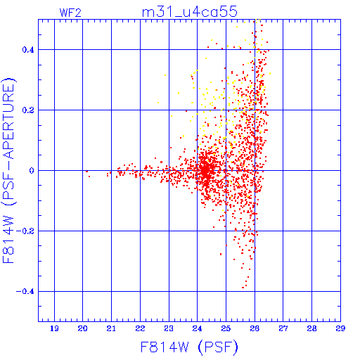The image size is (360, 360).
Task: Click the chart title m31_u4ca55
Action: click(x=190, y=12)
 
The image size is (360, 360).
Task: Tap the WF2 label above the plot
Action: click(x=70, y=13)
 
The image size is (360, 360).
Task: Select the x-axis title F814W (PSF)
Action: click(x=189, y=347)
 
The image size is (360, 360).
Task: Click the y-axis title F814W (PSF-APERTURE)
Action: click(x=8, y=171)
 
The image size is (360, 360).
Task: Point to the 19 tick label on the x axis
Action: click(x=54, y=328)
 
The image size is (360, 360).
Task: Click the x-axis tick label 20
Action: click(x=82, y=328)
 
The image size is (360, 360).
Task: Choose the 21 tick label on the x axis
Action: click(x=111, y=328)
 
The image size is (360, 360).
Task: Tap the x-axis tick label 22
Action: click(x=140, y=328)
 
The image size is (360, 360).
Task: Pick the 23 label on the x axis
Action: click(x=169, y=328)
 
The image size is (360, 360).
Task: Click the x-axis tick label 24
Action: click(x=197, y=328)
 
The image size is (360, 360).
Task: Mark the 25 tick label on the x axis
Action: click(x=226, y=328)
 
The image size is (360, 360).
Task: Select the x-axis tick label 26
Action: click(x=255, y=328)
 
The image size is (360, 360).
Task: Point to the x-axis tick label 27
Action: click(x=283, y=328)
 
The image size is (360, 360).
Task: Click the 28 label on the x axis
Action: click(x=311, y=328)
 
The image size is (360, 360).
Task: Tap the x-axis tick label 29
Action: click(x=340, y=328)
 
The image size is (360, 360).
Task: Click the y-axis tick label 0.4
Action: click(x=28, y=50)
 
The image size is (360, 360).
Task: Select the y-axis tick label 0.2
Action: click(x=28, y=110)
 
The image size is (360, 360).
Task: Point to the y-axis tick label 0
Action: click(x=32, y=171)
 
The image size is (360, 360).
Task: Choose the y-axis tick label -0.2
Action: click(x=25, y=231)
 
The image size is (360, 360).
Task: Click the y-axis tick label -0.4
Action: click(x=25, y=292)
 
